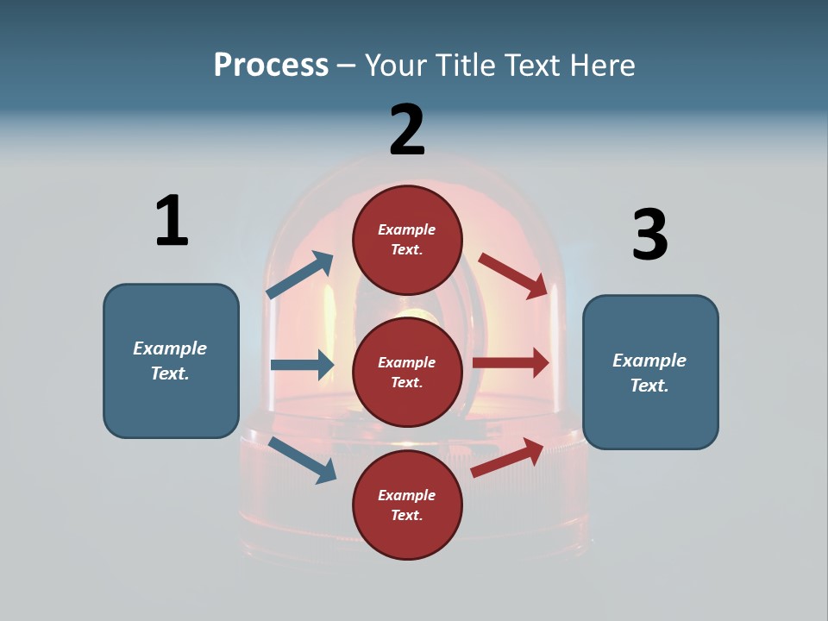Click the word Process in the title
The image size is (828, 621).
271,66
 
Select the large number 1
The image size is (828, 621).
172,221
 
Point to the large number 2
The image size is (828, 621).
407,130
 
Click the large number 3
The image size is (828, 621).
649,235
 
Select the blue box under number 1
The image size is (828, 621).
171,361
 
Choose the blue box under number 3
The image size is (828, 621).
650,372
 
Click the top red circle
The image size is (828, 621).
407,240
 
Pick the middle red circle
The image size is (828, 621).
407,372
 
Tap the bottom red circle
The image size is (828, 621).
407,505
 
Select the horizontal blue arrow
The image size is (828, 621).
302,365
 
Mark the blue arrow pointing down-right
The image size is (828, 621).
302,460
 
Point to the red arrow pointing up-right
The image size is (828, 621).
507,457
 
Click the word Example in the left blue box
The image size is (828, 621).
170,348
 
